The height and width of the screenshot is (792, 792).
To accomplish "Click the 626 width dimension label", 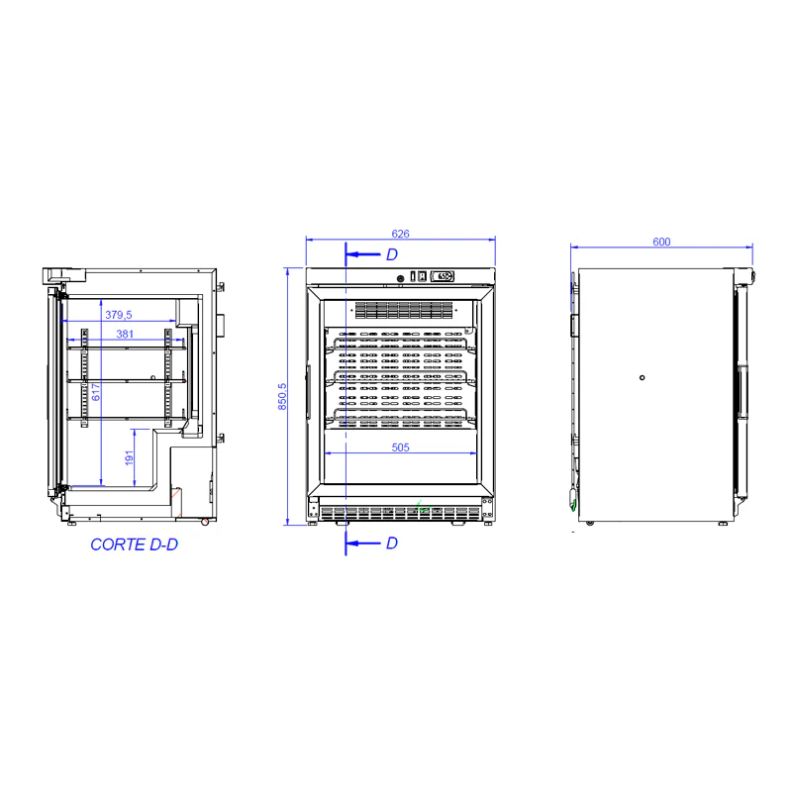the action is coord(400,234).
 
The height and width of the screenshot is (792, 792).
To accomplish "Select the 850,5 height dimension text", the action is coord(282,396).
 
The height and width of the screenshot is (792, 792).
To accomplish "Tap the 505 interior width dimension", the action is coord(400,447).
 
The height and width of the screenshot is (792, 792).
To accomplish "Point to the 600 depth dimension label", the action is coord(661,242).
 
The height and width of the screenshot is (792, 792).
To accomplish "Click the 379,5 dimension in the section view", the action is coord(118,315).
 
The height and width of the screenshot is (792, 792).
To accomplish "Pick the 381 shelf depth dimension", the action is coord(125,334).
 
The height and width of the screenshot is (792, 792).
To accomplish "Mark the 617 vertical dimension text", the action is coord(95,391).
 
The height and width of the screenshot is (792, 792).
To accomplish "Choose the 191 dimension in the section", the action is coord(129,457).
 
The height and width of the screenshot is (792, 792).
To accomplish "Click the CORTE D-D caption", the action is coord(134,544).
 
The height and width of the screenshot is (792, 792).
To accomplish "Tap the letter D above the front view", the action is coord(392,254).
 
